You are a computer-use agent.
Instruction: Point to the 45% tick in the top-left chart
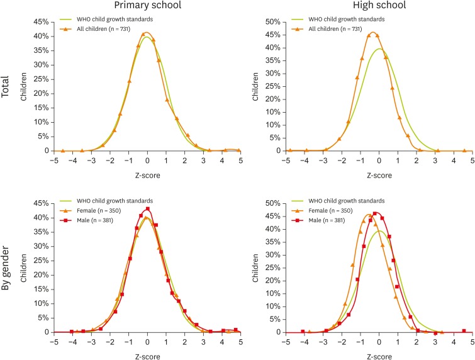(40, 21)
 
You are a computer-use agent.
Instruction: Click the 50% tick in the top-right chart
(272, 21)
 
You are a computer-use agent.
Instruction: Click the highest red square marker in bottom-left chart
(147, 209)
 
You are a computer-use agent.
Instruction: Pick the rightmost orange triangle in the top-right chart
(464, 150)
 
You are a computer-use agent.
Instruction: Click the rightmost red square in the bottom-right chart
(464, 330)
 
